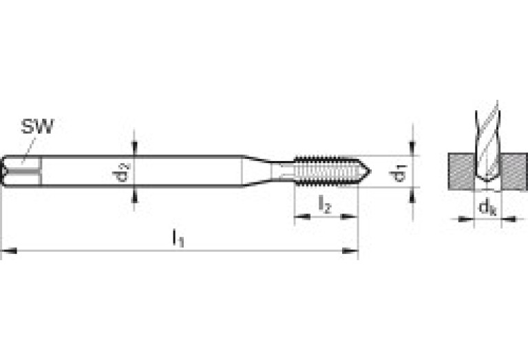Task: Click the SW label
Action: click(37, 126)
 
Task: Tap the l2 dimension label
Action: click(326, 204)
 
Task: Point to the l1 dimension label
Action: click(178, 238)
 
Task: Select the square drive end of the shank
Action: click(21, 171)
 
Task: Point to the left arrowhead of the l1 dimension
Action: click(7, 251)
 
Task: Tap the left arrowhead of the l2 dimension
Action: click(300, 217)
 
